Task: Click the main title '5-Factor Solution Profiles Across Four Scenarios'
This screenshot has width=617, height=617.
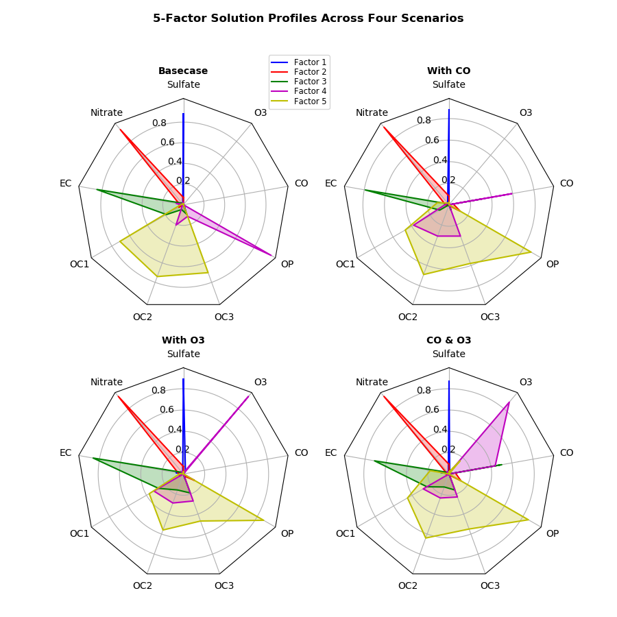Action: coord(308,19)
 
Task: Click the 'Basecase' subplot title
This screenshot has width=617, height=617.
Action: coord(183,71)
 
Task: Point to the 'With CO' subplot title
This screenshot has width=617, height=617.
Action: coord(448,71)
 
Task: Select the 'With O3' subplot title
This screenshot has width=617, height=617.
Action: coord(183,341)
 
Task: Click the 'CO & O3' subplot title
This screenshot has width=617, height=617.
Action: coord(448,341)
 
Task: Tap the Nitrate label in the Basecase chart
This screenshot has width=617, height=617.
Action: coord(106,113)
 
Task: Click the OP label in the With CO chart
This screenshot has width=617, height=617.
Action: coord(552,265)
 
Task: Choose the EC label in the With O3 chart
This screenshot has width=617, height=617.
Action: coord(65,453)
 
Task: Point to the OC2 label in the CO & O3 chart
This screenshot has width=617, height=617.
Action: coord(408,586)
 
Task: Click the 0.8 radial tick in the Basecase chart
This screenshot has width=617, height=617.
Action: coord(159,123)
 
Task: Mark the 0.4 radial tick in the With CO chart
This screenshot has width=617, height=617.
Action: coord(439,160)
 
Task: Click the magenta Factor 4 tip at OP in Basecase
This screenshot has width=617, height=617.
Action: coord(272,256)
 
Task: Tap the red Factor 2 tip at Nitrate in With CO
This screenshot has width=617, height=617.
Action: coord(383,127)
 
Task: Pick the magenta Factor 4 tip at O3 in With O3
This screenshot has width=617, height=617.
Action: coord(249,396)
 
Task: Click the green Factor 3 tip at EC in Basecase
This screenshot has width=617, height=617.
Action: coord(96,190)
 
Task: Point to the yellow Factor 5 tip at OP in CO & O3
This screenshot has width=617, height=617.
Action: coord(528,519)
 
